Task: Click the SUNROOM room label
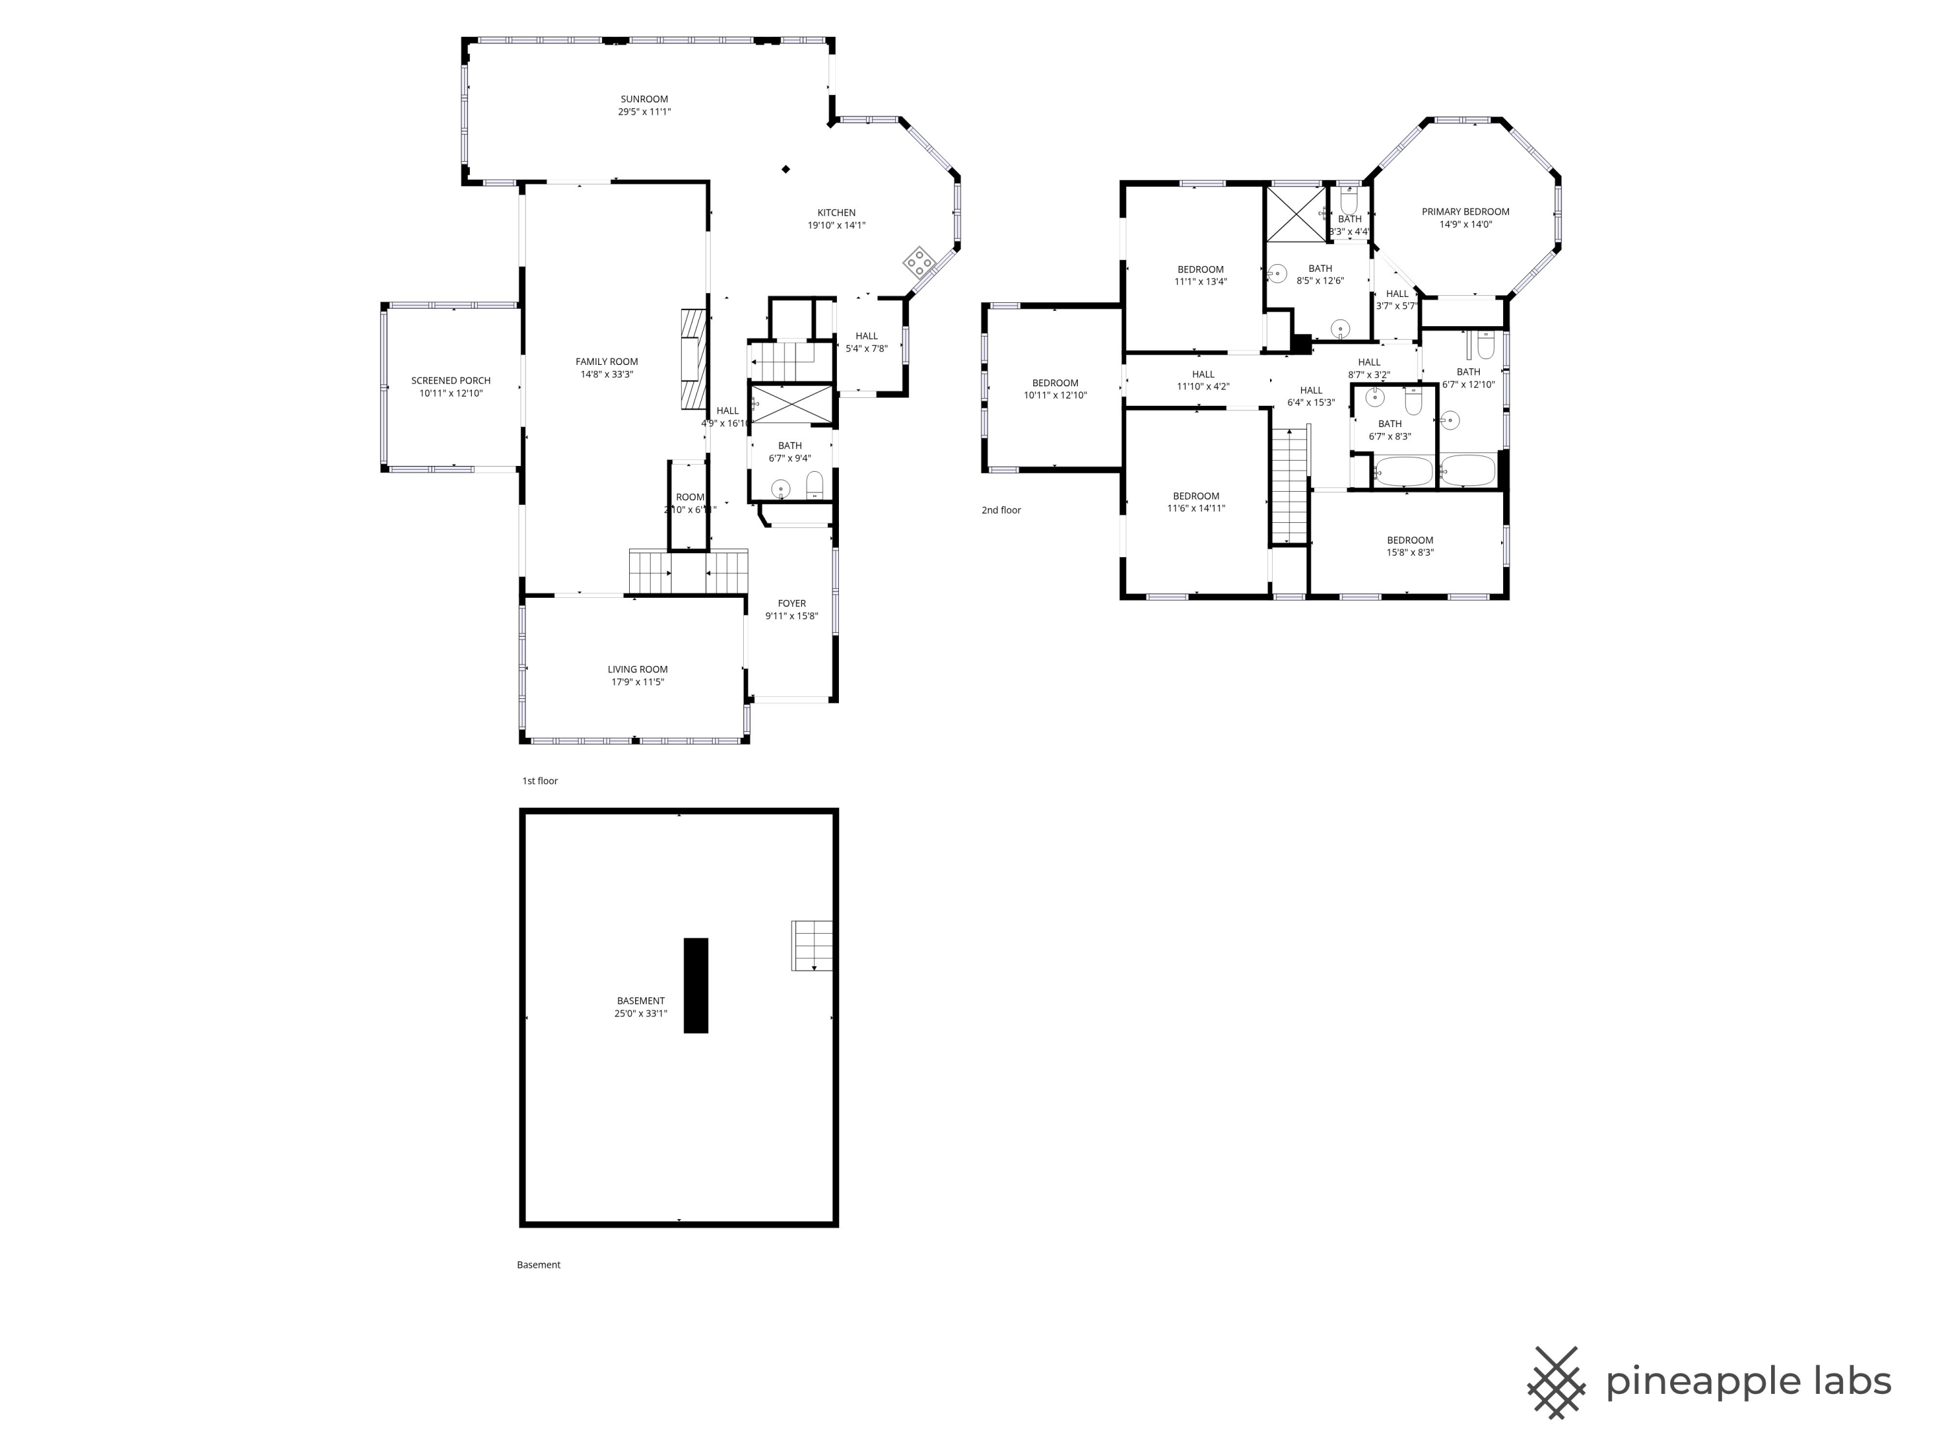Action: tap(643, 99)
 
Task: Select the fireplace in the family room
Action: tap(693, 360)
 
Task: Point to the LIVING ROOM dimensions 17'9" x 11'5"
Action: tap(638, 682)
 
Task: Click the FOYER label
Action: tap(791, 603)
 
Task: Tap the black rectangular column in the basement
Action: tap(695, 985)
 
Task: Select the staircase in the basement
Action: tap(811, 945)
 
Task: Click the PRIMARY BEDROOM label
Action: tap(1466, 212)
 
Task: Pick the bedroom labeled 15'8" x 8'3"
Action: tap(1410, 546)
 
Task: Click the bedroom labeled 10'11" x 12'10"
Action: tap(1055, 389)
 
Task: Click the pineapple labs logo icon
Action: tap(1556, 1382)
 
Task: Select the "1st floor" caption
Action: tap(540, 780)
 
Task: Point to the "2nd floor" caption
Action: tap(1001, 510)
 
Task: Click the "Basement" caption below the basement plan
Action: tap(538, 1264)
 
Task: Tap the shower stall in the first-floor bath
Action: tap(791, 404)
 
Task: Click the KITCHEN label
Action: tap(836, 212)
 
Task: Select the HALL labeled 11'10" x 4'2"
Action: tap(1203, 380)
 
